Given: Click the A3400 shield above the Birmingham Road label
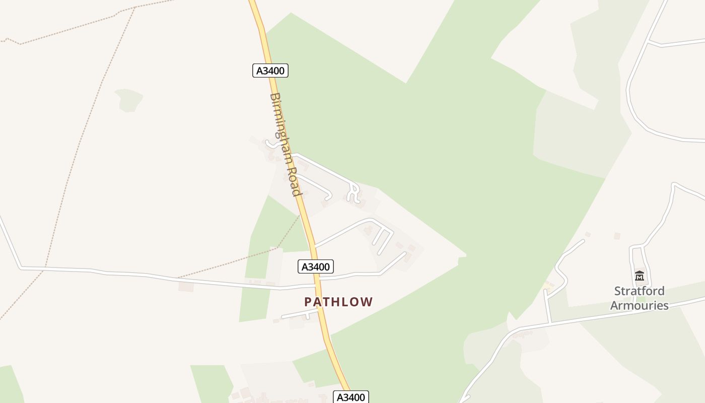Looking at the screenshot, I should click(x=270, y=71).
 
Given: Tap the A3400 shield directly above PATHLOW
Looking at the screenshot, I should click(x=315, y=266).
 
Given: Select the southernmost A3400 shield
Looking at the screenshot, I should click(x=350, y=397).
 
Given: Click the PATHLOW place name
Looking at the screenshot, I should click(x=338, y=302).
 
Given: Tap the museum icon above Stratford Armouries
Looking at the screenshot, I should click(x=640, y=276).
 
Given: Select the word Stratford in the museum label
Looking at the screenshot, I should click(x=639, y=291).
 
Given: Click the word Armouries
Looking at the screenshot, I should click(x=639, y=305).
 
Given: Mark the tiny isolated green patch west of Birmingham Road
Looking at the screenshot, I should click(x=128, y=99).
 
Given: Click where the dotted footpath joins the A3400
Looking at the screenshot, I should click(x=301, y=215).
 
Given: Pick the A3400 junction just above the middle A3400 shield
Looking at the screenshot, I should click(x=313, y=247).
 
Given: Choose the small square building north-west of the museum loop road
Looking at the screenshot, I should click(x=617, y=236).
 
